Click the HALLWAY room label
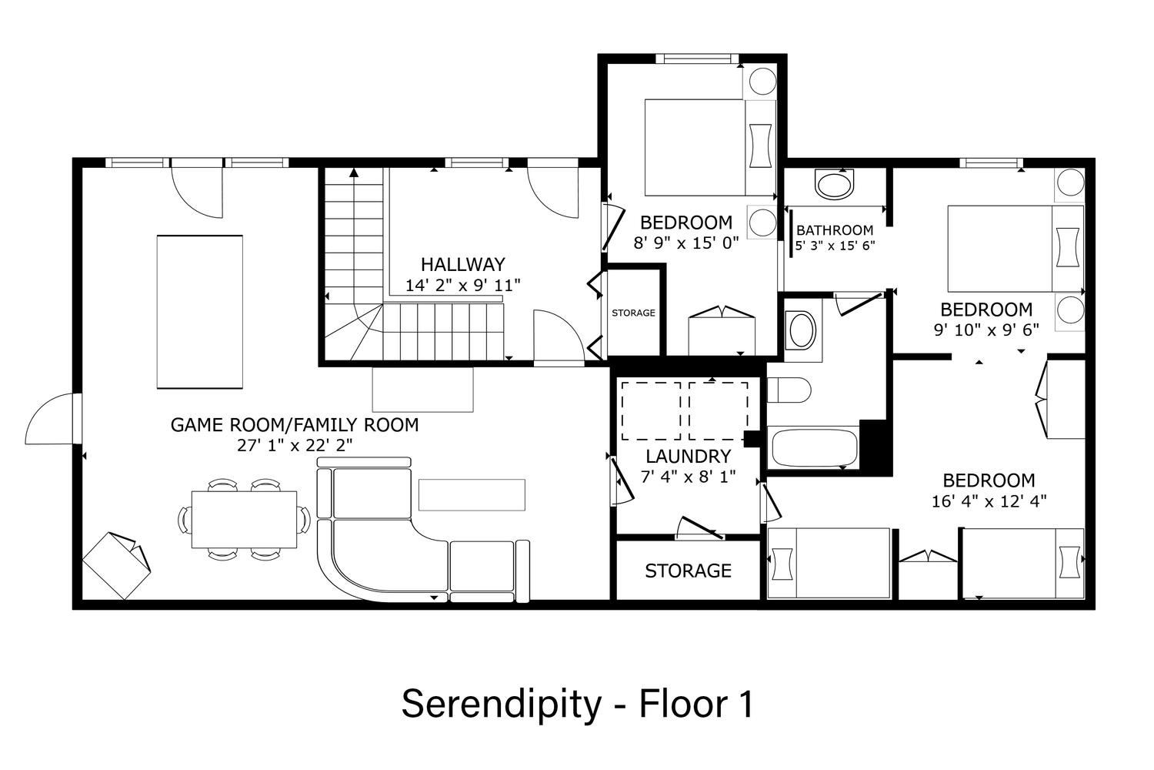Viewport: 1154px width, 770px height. (x=462, y=265)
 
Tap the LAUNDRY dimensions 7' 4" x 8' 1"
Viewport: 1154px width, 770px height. (x=689, y=477)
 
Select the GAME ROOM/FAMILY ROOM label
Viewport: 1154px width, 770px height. (x=294, y=425)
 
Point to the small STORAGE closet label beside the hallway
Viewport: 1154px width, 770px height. (x=633, y=313)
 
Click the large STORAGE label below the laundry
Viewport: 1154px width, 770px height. (x=689, y=571)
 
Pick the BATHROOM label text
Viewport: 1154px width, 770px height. (x=835, y=230)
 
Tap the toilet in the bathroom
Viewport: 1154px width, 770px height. (x=789, y=390)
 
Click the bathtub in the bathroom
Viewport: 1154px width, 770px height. (x=812, y=447)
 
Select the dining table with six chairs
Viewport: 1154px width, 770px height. (x=244, y=519)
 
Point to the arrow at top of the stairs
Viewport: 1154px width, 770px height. (x=353, y=172)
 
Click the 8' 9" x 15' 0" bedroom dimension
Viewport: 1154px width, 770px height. (x=686, y=243)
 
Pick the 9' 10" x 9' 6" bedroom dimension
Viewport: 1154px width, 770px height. (x=986, y=330)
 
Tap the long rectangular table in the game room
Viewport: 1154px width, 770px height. (x=200, y=312)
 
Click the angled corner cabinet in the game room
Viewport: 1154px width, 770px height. (x=116, y=565)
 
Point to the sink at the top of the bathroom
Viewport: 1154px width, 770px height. (x=835, y=185)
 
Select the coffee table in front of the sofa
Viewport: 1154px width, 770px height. (x=472, y=494)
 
